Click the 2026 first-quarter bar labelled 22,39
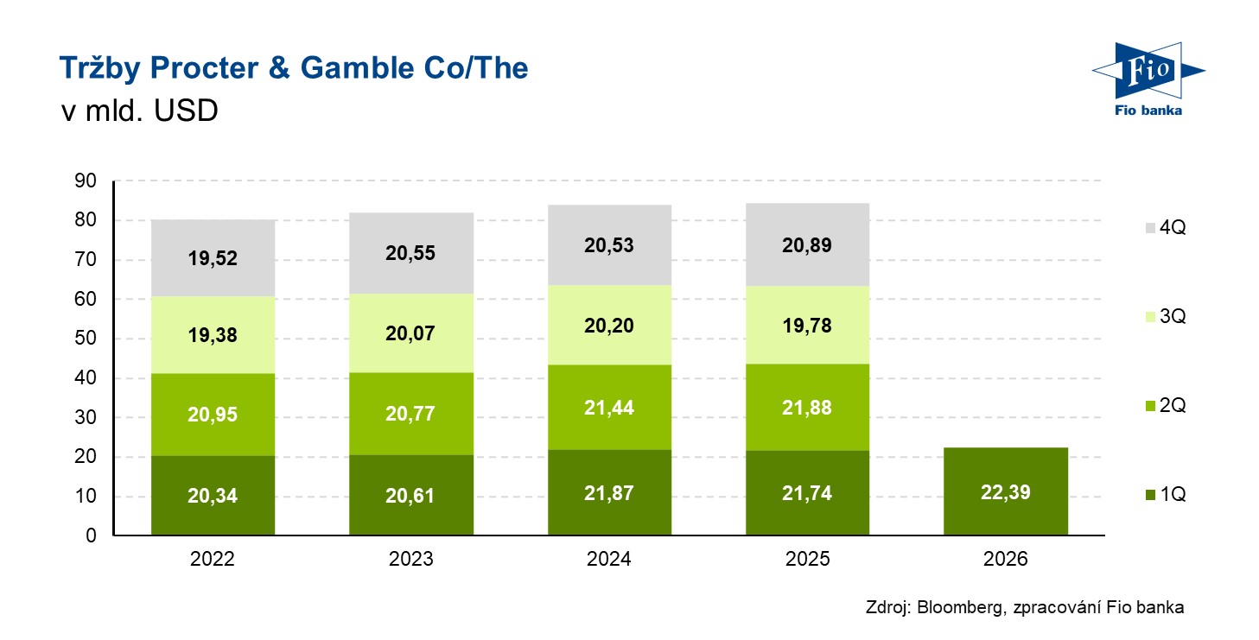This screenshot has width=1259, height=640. (1006, 491)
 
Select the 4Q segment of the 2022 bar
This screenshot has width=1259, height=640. (213, 257)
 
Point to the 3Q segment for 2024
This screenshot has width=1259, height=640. (609, 325)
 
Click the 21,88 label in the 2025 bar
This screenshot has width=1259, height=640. (808, 409)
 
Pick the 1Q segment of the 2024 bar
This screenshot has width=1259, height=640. (609, 492)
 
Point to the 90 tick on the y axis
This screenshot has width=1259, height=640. (86, 181)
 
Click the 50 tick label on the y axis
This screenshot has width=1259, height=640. (86, 339)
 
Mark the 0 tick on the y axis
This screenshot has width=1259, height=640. (91, 536)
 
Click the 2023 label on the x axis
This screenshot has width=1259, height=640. (411, 560)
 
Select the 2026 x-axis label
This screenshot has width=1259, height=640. (1006, 560)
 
